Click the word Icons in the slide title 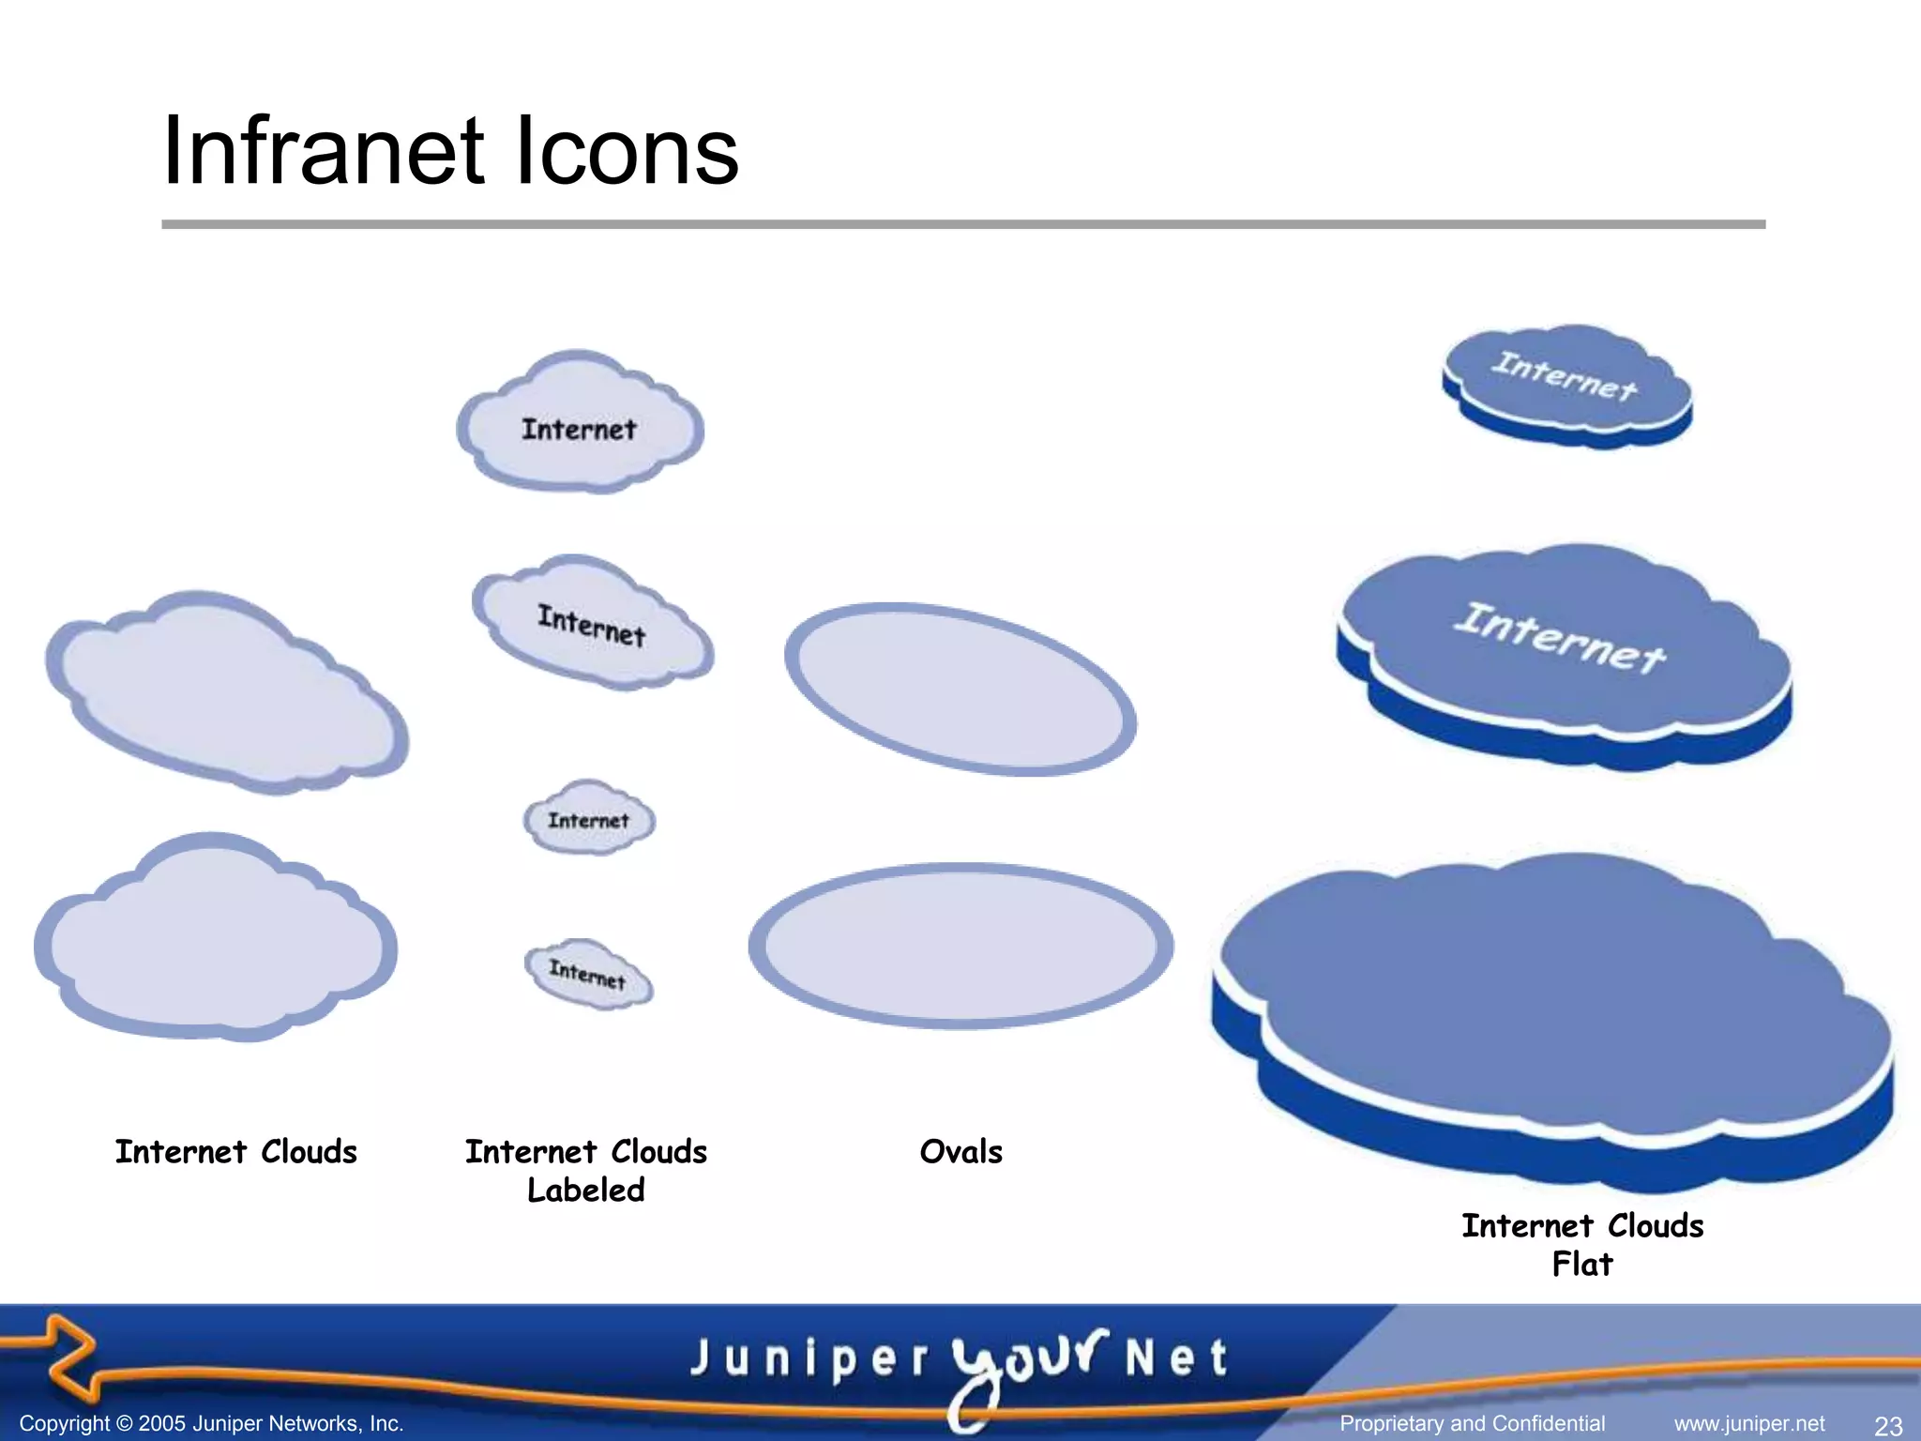click(x=627, y=152)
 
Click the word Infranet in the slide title click(x=325, y=152)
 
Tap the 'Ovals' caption click(x=960, y=1151)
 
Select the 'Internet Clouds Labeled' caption click(x=586, y=1170)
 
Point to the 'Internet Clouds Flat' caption click(x=1582, y=1244)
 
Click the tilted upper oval click(x=960, y=690)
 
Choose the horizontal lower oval click(x=960, y=946)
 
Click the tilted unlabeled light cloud click(x=225, y=694)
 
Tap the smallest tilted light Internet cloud click(x=588, y=974)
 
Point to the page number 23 click(x=1887, y=1426)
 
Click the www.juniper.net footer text click(x=1749, y=1424)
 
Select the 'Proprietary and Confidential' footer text click(x=1472, y=1424)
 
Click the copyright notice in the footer click(x=211, y=1424)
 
